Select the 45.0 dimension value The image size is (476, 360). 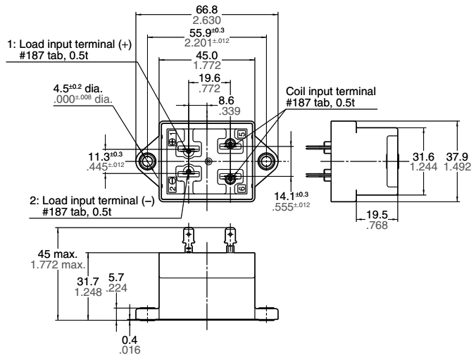[x=206, y=54]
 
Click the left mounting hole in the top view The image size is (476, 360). [x=149, y=161]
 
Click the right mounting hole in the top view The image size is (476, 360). [x=266, y=161]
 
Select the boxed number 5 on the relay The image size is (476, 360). [x=242, y=134]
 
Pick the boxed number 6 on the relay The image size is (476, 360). [x=242, y=190]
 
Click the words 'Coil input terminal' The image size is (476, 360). [x=330, y=92]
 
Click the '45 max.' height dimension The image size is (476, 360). [x=63, y=255]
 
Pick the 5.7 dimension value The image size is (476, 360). [x=122, y=278]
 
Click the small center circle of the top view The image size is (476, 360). [x=208, y=161]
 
